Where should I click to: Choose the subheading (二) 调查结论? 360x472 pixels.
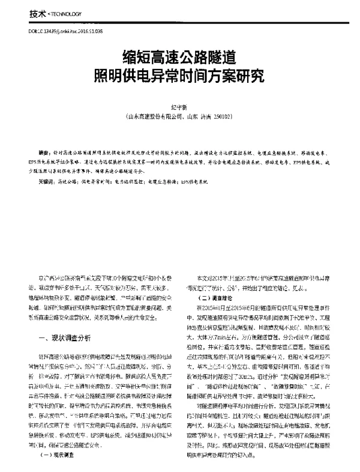click(x=210, y=297)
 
